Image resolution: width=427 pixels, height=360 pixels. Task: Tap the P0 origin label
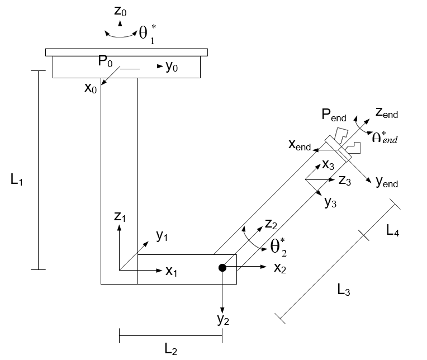(106, 61)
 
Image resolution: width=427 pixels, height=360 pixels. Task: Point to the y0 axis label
(172, 67)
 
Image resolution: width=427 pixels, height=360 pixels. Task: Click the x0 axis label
(91, 88)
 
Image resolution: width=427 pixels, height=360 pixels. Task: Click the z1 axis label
(120, 217)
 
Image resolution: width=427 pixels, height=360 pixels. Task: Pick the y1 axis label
(162, 236)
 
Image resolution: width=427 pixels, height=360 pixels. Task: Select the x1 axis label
(171, 271)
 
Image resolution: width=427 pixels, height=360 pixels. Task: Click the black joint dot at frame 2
(222, 268)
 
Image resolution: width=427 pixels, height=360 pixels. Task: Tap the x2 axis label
(280, 268)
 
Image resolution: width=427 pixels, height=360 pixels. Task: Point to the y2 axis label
(223, 321)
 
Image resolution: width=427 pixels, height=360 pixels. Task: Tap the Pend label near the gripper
(334, 117)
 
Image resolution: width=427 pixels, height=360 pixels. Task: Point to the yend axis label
(387, 182)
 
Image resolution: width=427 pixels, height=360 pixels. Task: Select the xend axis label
(300, 145)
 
